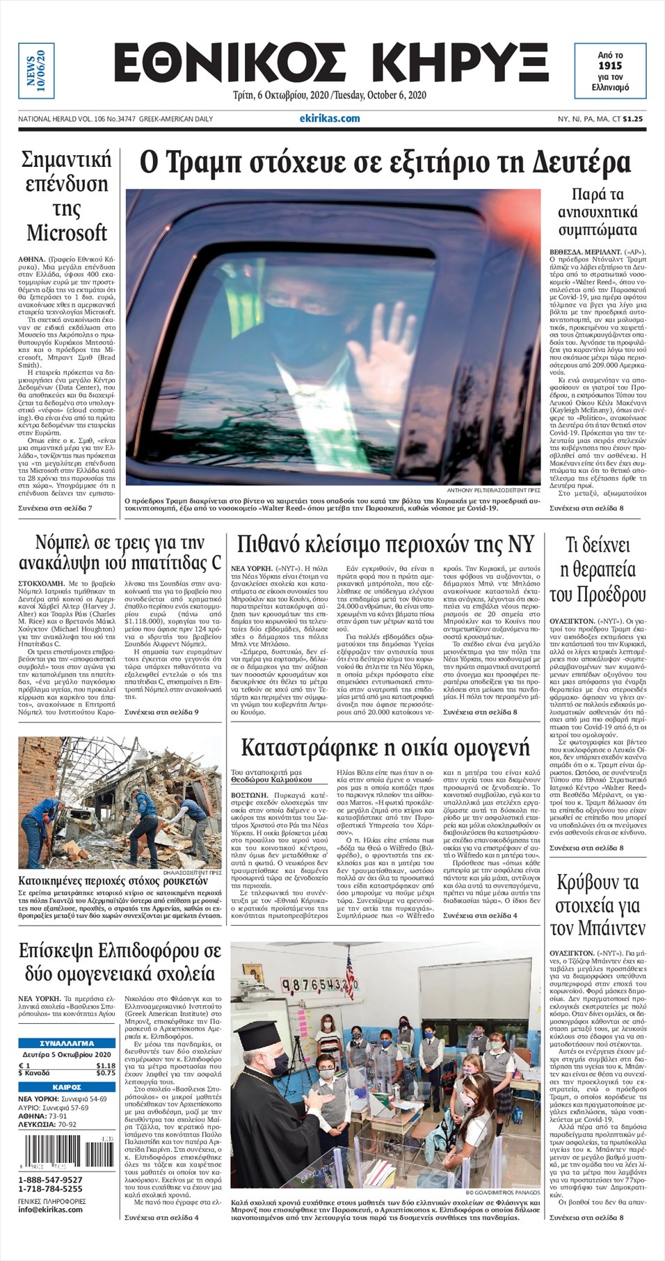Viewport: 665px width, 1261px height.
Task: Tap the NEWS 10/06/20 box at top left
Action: click(x=35, y=71)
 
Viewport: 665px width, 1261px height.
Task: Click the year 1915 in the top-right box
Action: click(x=609, y=65)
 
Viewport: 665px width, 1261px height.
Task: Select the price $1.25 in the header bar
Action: click(x=632, y=119)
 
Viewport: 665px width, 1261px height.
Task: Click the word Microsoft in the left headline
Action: click(x=67, y=232)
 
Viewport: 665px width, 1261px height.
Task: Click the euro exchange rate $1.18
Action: click(x=106, y=1065)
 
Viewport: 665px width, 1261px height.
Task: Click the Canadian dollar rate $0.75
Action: click(x=106, y=1073)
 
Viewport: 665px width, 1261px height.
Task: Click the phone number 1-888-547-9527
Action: click(x=50, y=1180)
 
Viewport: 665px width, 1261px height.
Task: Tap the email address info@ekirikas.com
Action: click(x=50, y=1209)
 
